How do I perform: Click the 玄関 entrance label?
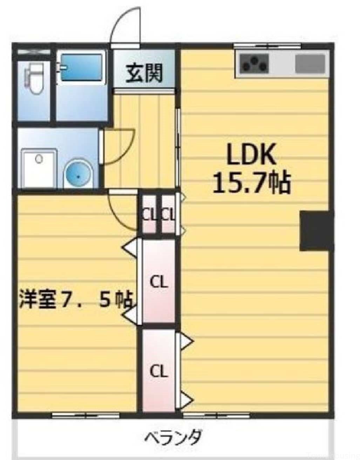click(x=144, y=73)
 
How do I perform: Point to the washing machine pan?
click(x=39, y=168)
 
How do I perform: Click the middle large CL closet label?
click(x=159, y=282)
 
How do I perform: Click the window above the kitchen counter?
click(x=267, y=46)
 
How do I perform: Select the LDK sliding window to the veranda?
click(x=216, y=416)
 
